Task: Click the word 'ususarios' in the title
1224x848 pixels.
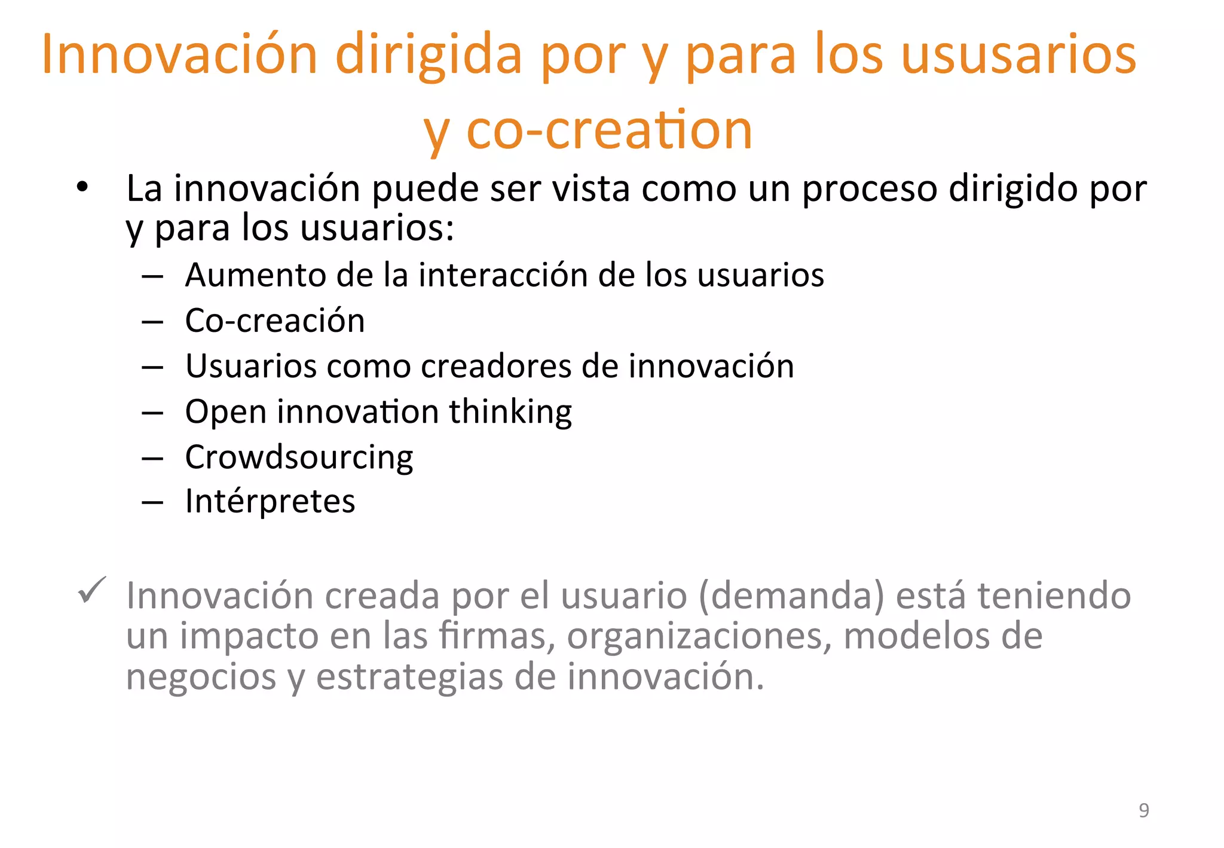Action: click(1018, 55)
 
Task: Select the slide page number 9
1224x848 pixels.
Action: click(1143, 810)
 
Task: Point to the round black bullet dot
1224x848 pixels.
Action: click(82, 188)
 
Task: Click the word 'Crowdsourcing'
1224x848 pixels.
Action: click(299, 457)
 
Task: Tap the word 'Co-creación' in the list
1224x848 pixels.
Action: click(275, 321)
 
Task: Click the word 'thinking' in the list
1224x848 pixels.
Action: click(510, 412)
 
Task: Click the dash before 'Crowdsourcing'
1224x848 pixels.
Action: click(153, 459)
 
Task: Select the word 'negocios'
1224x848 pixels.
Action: click(201, 677)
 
